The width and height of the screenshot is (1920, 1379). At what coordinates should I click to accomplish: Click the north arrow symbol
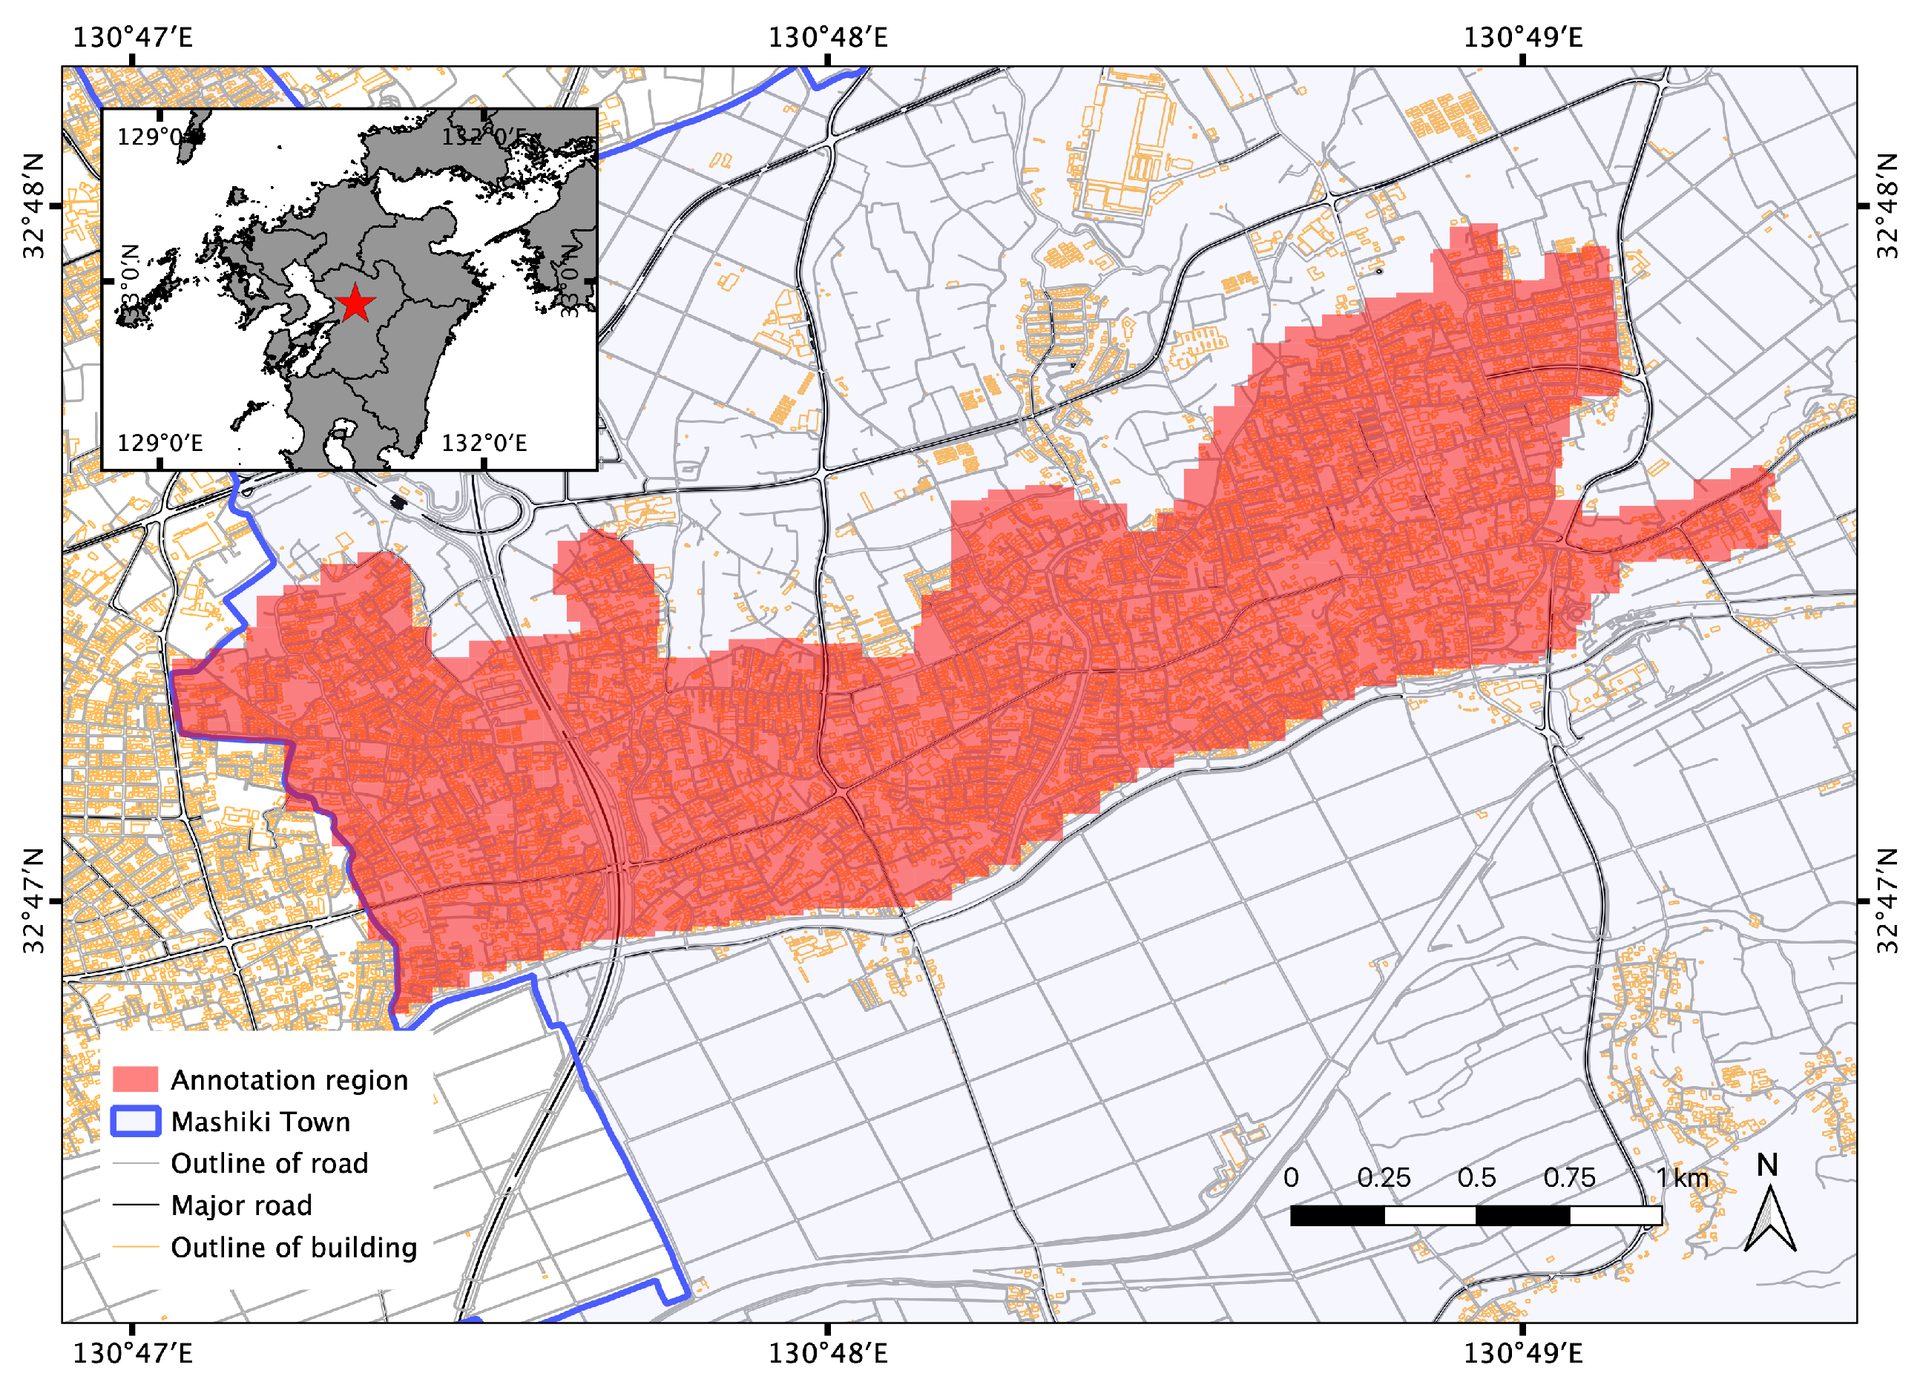(1769, 1220)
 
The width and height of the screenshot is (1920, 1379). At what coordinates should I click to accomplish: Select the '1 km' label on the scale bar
(1682, 1177)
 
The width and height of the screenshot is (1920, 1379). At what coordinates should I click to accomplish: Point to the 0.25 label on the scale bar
(1384, 1177)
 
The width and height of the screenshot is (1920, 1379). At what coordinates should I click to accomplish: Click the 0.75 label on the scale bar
(1568, 1177)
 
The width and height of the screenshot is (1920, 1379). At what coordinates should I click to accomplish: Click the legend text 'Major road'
(241, 1205)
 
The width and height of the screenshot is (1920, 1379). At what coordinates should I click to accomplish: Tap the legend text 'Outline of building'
(294, 1248)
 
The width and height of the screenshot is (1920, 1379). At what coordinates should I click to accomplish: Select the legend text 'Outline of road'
(269, 1163)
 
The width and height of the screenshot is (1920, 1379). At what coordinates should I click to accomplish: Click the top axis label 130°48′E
(827, 37)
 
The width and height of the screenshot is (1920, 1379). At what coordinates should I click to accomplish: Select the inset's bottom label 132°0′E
(484, 443)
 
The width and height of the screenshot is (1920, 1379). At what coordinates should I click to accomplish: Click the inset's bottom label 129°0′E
(160, 443)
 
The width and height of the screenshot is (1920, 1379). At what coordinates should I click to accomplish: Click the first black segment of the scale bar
(1338, 1216)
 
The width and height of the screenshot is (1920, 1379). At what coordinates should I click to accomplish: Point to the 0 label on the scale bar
(1291, 1177)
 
